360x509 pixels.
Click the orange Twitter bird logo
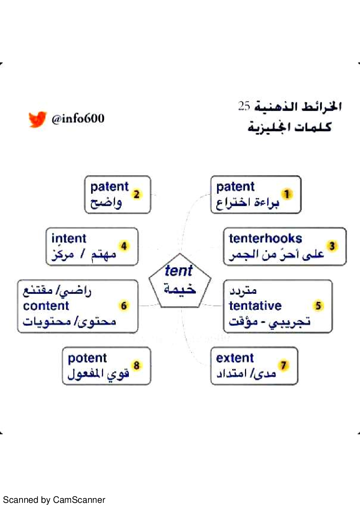click(x=37, y=119)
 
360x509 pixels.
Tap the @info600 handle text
click(x=78, y=119)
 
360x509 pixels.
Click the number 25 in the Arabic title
click(x=244, y=106)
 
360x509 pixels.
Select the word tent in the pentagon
click(x=179, y=271)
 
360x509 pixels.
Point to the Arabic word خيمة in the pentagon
click(x=180, y=289)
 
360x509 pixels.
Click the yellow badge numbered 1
click(x=287, y=194)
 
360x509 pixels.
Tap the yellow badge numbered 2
click(x=136, y=194)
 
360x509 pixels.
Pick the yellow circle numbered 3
click(x=332, y=246)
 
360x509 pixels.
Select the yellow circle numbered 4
click(x=124, y=246)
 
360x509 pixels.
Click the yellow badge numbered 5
click(x=318, y=305)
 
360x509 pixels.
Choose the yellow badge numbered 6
click(x=124, y=305)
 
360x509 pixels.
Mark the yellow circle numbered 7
click(x=283, y=365)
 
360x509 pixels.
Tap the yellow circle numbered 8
click(x=136, y=365)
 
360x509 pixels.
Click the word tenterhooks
click(x=265, y=239)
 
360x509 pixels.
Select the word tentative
click(x=255, y=306)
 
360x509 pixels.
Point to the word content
click(x=46, y=306)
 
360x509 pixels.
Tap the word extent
click(x=235, y=358)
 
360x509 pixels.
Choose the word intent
click(x=69, y=239)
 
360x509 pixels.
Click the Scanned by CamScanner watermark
click(x=54, y=500)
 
